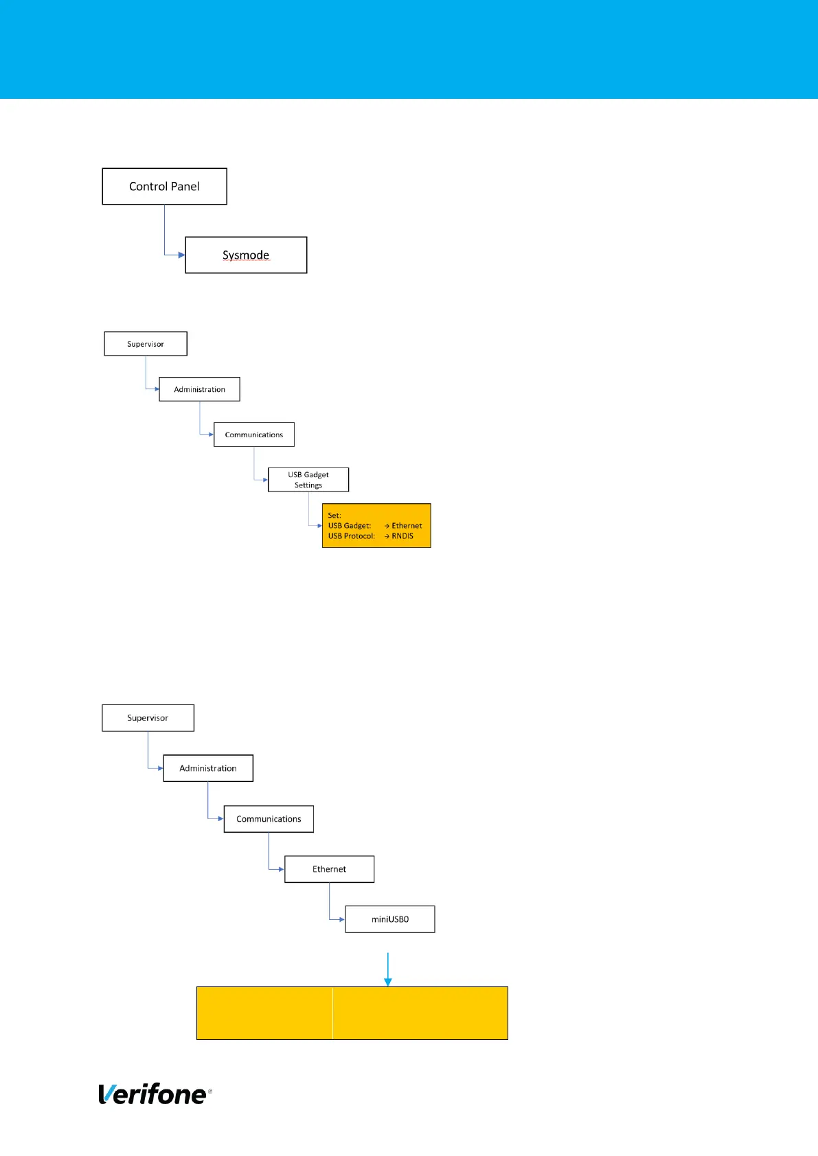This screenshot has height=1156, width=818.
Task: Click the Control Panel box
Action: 164,186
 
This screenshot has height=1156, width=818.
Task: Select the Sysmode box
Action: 246,255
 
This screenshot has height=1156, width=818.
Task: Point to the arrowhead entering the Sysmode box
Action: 182,255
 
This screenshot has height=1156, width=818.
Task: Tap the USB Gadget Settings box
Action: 308,480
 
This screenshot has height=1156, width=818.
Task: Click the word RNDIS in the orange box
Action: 402,536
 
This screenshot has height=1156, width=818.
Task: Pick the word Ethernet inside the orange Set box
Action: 407,526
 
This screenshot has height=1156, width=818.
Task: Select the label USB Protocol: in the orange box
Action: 352,536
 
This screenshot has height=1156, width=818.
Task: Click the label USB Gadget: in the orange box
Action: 350,526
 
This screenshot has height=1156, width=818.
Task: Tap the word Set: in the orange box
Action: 334,516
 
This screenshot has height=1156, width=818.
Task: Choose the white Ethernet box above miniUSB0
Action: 329,869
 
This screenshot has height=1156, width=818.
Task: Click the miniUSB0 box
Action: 389,919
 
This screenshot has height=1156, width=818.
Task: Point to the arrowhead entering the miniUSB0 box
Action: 342,919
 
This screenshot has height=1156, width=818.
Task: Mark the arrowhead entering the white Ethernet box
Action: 282,869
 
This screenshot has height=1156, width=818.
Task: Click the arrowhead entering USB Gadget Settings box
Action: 266,480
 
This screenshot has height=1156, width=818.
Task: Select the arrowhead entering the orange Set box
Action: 319,526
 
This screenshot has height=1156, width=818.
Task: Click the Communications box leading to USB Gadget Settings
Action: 254,435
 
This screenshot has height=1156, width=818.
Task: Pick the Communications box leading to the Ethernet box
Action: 269,819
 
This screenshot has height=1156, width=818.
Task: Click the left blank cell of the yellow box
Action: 264,1013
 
